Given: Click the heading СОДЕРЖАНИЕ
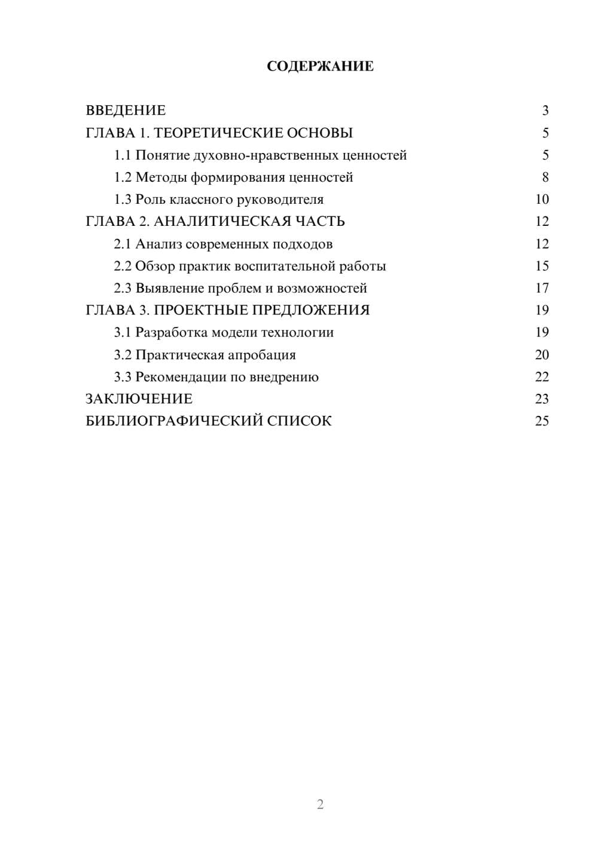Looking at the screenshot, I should point(320,66).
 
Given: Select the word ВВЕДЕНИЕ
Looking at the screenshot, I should point(126,111).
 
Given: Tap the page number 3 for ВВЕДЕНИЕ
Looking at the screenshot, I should point(545,111).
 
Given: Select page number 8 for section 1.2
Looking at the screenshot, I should point(545,177).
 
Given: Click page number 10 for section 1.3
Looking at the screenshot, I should point(542,200).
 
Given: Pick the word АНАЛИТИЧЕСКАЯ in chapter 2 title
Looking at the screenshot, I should point(220,222).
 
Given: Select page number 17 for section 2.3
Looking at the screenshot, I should point(542,288).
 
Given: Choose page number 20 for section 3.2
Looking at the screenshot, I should point(542,355).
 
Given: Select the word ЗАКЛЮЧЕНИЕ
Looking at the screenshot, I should point(139,399).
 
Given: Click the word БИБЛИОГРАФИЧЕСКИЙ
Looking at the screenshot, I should point(173,421).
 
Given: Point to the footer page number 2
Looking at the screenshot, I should point(320,804).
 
